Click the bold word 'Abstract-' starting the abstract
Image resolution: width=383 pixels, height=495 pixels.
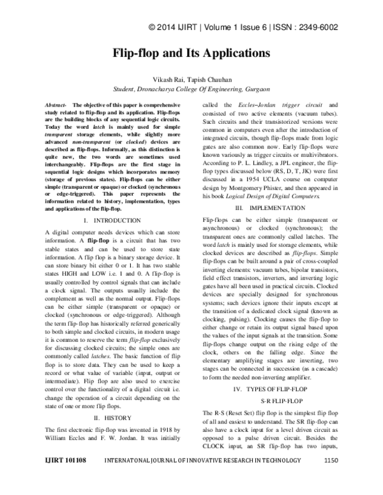[58, 104]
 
